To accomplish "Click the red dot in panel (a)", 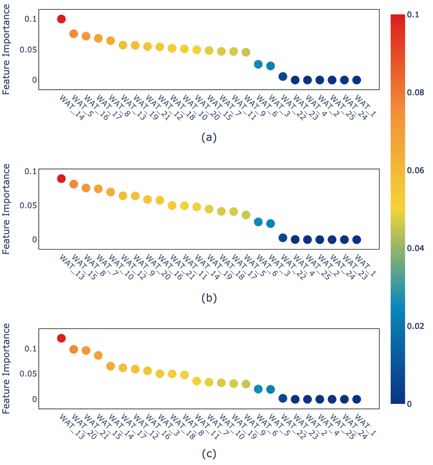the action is pyautogui.click(x=61, y=19).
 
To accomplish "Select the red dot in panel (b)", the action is pyautogui.click(x=61, y=179).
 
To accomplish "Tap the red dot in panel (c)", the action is pyautogui.click(x=61, y=338).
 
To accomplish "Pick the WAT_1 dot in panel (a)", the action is pyautogui.click(x=357, y=80).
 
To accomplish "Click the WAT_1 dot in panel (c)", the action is pyautogui.click(x=357, y=399).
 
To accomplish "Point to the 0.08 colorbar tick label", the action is pyautogui.click(x=415, y=93).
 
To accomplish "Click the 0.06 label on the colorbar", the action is pyautogui.click(x=415, y=170).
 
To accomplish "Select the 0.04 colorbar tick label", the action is pyautogui.click(x=415, y=248).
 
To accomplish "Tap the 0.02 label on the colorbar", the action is pyautogui.click(x=415, y=326).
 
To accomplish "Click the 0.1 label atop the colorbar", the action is pyautogui.click(x=413, y=15).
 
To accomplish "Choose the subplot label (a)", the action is pyautogui.click(x=209, y=138).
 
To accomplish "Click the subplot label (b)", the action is pyautogui.click(x=209, y=297).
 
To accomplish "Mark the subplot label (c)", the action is pyautogui.click(x=209, y=454).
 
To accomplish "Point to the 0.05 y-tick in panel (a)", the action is pyautogui.click(x=28, y=49).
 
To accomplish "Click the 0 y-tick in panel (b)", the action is pyautogui.click(x=35, y=239).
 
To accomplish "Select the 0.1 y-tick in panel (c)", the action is pyautogui.click(x=31, y=348).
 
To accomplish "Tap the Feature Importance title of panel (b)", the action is pyautogui.click(x=6, y=209).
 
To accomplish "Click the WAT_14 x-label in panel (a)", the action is pyautogui.click(x=72, y=107).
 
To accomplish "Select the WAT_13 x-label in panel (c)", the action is pyautogui.click(x=72, y=427).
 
